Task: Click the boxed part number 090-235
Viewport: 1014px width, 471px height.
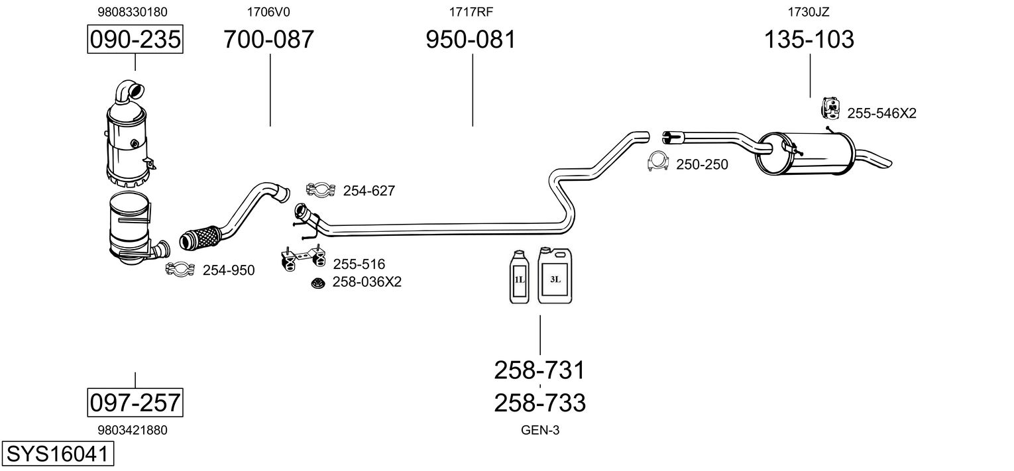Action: (135, 40)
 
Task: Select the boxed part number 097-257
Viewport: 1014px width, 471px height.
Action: (135, 401)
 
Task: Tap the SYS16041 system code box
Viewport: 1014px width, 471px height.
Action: (57, 454)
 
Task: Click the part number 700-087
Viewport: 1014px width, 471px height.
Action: (268, 40)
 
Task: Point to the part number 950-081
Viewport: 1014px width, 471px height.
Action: (471, 40)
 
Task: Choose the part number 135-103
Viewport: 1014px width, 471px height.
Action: (809, 40)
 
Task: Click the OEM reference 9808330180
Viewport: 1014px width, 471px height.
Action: (133, 12)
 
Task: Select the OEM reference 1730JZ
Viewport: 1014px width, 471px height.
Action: (809, 12)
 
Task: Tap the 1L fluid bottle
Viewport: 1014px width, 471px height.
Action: (519, 278)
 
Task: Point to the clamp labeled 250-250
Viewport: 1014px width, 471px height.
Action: (658, 162)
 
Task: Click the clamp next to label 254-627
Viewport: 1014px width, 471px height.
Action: (321, 191)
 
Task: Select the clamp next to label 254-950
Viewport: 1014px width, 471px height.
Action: (179, 269)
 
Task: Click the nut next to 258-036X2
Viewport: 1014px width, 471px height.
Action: (318, 283)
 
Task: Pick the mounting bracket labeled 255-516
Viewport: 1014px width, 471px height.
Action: (302, 260)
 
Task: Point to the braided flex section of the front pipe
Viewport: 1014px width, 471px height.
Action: (199, 237)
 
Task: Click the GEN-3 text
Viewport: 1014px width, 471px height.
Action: (540, 430)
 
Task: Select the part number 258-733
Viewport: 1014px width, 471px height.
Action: (540, 401)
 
